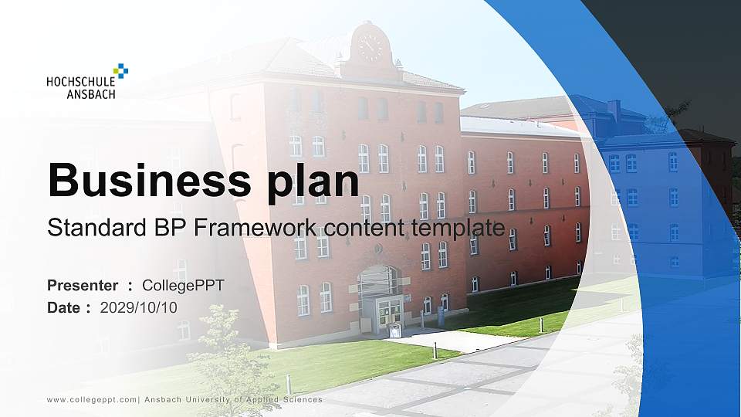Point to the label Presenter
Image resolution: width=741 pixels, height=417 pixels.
pos(83,286)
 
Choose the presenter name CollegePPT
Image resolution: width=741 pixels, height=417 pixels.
pos(183,286)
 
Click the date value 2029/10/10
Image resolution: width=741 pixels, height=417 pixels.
pos(139,307)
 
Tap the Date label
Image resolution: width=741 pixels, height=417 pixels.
pos(64,307)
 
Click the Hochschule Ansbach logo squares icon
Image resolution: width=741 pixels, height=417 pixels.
pos(120,71)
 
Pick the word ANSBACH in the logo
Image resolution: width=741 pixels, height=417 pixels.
pos(91,94)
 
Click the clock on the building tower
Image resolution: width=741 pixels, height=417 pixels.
pos(370,47)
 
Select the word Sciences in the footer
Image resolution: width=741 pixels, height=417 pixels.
pos(302,400)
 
